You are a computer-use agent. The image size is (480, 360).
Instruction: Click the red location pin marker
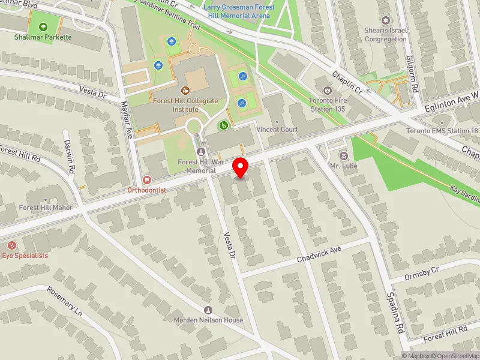click(241, 167)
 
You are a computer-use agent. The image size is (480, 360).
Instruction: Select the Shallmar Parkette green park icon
click(43, 27)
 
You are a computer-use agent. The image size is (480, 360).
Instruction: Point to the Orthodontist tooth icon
click(146, 179)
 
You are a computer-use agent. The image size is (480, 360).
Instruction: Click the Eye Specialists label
click(25, 256)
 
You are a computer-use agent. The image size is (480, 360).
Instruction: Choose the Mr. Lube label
click(343, 165)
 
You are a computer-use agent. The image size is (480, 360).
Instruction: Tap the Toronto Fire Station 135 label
click(328, 104)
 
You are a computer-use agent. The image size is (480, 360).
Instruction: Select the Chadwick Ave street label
click(319, 255)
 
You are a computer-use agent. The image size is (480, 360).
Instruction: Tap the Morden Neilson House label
click(208, 320)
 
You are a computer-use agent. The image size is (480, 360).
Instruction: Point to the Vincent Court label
click(277, 130)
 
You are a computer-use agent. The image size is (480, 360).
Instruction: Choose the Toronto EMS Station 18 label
click(442, 131)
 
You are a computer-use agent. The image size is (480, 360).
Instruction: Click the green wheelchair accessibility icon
click(223, 125)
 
